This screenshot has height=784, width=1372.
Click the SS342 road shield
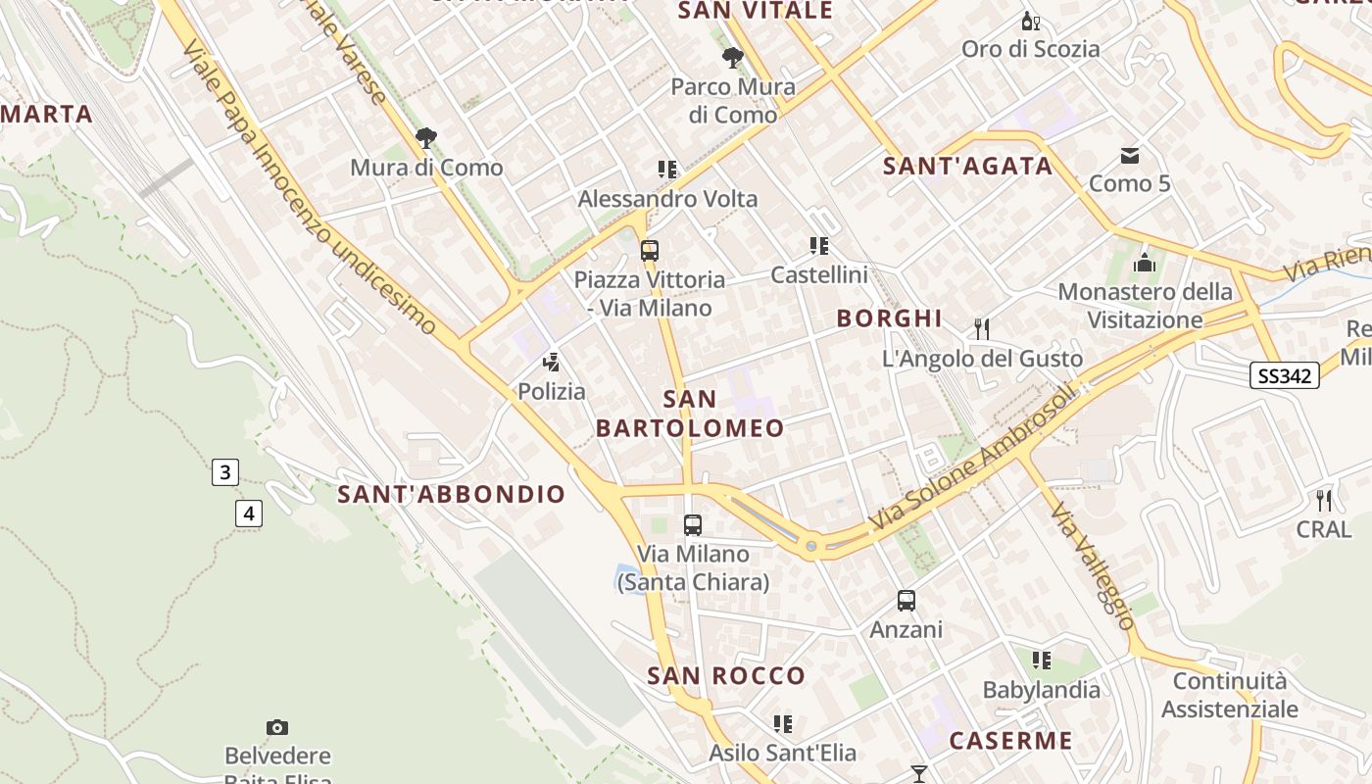click(1284, 375)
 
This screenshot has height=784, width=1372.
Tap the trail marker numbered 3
click(224, 472)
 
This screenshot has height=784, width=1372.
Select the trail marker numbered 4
click(249, 512)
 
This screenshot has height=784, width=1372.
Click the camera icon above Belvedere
click(277, 727)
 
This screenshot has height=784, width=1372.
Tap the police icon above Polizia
click(552, 362)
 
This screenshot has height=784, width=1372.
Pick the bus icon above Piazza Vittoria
click(649, 250)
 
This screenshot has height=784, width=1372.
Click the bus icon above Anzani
click(906, 600)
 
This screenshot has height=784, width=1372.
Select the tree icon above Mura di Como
click(425, 138)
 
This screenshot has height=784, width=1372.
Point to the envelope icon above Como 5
click(1130, 155)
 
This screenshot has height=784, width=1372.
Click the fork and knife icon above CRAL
click(1324, 500)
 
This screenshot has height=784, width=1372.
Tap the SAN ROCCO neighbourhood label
click(726, 675)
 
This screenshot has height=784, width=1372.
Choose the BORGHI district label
click(889, 318)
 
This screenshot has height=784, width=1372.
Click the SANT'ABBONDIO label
click(452, 494)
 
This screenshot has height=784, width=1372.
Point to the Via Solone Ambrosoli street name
click(974, 458)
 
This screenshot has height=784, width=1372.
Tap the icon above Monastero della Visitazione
click(1144, 263)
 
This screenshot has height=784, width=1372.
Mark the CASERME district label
click(1010, 740)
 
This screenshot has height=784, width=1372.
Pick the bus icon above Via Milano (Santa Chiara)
click(693, 524)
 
